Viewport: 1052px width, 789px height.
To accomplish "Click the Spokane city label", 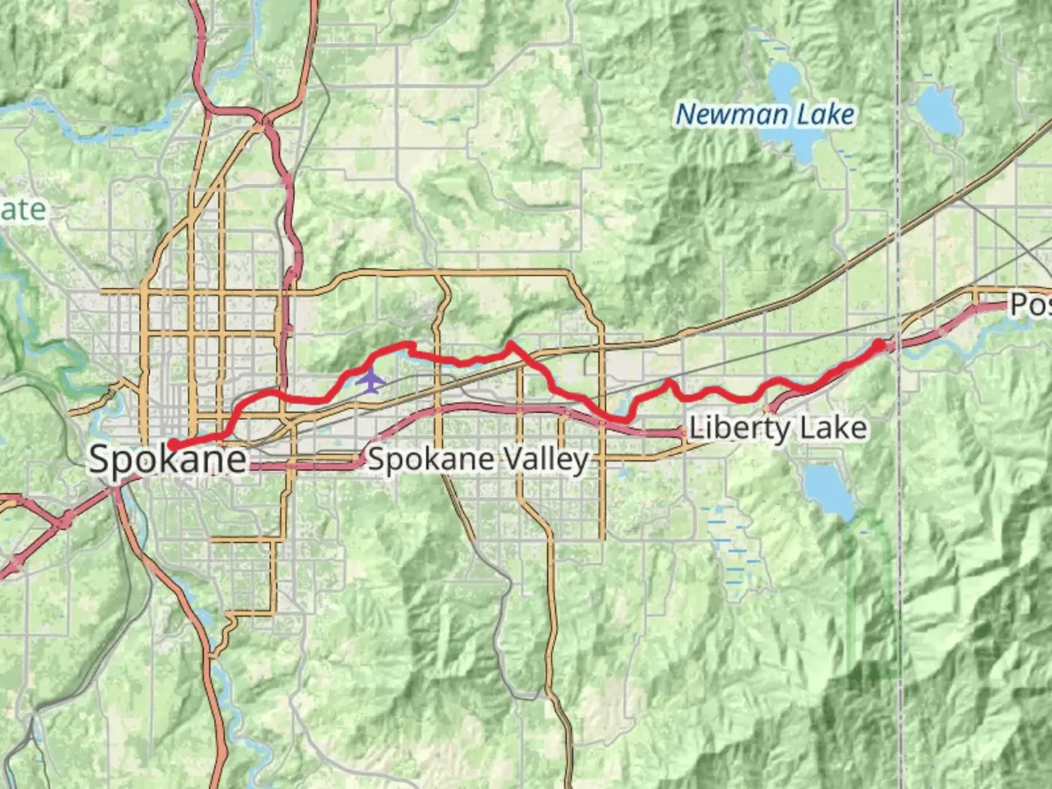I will [167, 460].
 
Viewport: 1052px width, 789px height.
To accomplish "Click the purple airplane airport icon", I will [372, 380].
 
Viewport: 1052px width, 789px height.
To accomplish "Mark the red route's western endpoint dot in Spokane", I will [173, 444].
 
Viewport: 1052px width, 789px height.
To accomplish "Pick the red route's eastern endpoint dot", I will [879, 343].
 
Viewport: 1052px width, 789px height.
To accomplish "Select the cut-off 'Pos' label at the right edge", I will [1030, 304].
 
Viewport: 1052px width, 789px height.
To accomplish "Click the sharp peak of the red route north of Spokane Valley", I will [509, 343].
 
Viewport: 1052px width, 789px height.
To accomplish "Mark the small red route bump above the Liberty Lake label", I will [668, 383].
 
